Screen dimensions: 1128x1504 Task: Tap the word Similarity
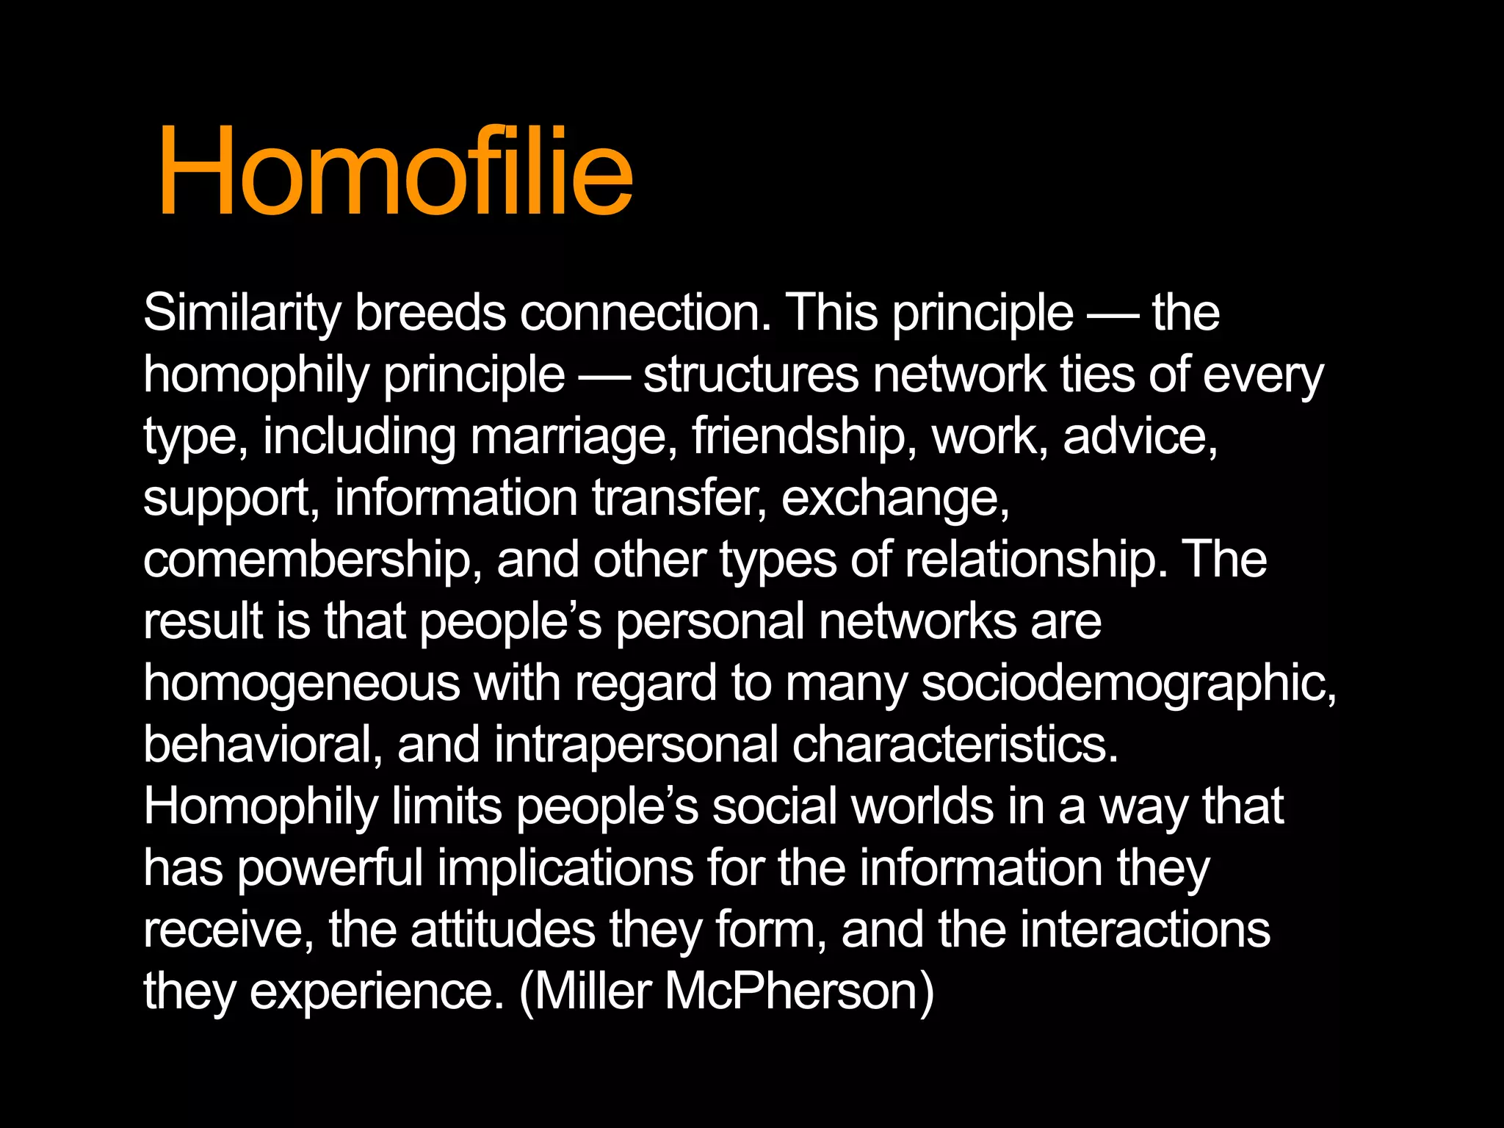click(x=242, y=313)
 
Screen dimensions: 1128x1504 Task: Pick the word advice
click(x=1140, y=436)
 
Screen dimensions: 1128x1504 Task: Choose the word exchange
click(x=895, y=498)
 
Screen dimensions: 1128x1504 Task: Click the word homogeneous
click(x=302, y=683)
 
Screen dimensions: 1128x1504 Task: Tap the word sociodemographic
click(x=1129, y=683)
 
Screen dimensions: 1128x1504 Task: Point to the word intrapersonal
click(x=636, y=745)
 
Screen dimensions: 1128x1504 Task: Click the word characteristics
click(x=955, y=745)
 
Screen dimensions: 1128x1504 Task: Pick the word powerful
click(x=330, y=868)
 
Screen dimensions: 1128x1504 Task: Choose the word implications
click(x=565, y=868)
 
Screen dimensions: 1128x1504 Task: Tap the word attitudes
click(x=503, y=930)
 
